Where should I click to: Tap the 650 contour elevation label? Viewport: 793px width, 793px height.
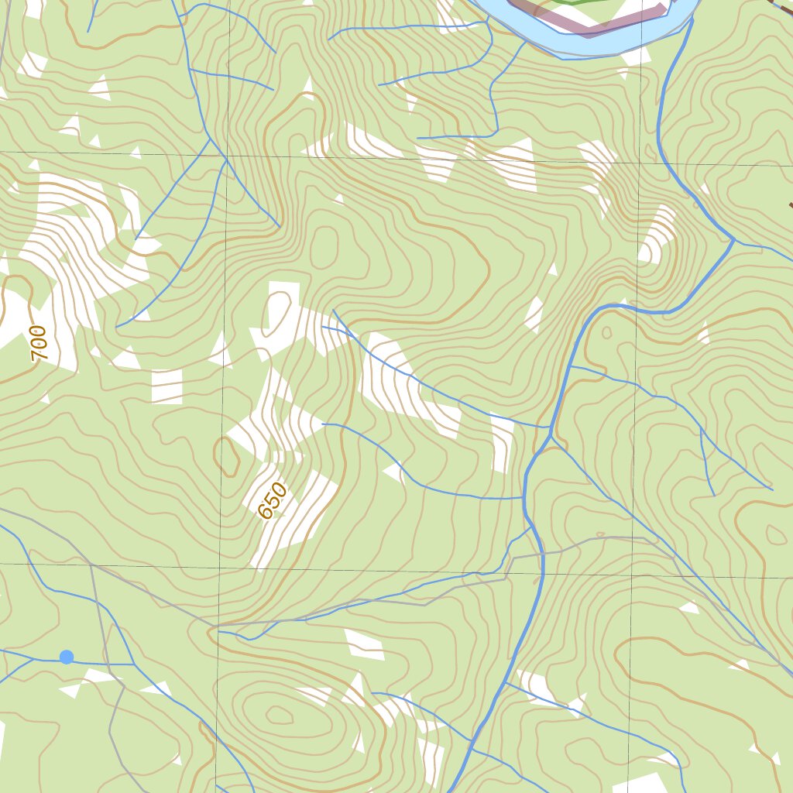273,500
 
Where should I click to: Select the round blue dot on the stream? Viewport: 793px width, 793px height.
67,657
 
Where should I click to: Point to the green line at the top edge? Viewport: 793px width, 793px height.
589,2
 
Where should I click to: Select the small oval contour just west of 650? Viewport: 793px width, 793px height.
227,457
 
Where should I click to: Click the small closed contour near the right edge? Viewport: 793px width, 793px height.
774,534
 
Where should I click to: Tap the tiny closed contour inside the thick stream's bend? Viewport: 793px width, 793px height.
606,333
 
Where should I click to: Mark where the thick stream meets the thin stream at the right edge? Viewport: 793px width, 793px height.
733,241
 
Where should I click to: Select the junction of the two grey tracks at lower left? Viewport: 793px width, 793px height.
91,565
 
